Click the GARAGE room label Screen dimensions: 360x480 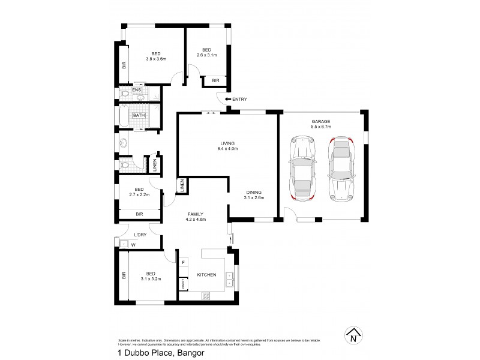tap(321, 121)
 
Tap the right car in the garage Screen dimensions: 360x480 tap(340, 169)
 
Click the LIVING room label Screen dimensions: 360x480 tap(227, 143)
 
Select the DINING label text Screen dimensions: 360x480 tap(254, 192)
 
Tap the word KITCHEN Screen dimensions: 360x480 tap(206, 275)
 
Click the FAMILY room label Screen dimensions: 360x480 tap(196, 214)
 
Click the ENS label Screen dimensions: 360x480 tap(136, 91)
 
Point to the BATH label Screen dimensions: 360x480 tap(139, 115)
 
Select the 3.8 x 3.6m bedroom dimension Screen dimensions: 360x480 tap(155, 59)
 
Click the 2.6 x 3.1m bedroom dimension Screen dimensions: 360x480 tap(206, 55)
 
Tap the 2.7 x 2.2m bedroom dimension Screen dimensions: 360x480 tap(139, 195)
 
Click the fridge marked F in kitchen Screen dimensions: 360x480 tap(183, 262)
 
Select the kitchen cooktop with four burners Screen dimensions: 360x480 tap(206, 295)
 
